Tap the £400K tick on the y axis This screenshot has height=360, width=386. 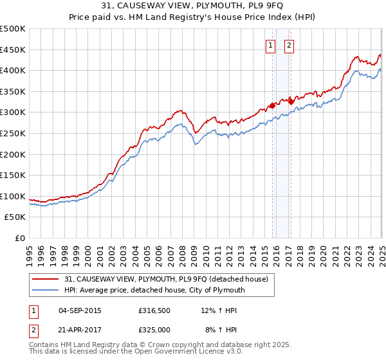[x=14, y=70]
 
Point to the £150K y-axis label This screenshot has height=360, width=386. [x=14, y=175]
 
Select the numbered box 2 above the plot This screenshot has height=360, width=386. [x=289, y=45]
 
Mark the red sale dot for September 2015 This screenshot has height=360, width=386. [x=272, y=105]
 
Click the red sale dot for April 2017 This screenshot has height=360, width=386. [x=291, y=101]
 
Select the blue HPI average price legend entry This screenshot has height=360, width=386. [x=154, y=291]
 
